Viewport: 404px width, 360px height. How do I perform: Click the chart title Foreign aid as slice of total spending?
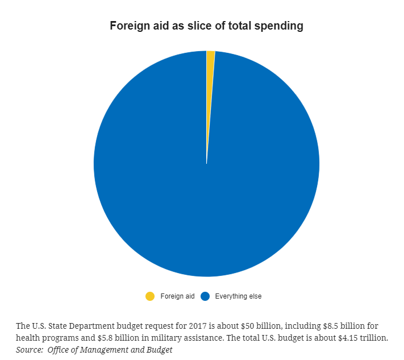click(x=206, y=26)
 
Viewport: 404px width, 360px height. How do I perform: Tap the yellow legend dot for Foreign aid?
click(x=150, y=296)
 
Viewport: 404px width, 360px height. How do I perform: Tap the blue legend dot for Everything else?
click(x=205, y=296)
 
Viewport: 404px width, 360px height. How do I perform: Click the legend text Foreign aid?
click(x=177, y=296)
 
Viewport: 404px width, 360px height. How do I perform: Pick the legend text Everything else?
click(x=238, y=296)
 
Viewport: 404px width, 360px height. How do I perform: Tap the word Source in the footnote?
click(x=29, y=350)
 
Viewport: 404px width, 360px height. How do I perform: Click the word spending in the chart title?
click(x=281, y=26)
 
